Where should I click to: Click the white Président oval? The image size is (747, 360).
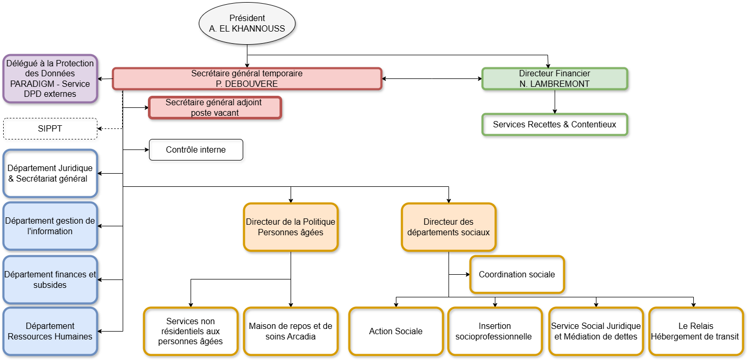tap(247, 23)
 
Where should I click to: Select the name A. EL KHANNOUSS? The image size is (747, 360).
tap(247, 29)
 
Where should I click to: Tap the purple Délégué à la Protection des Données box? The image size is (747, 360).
tap(50, 78)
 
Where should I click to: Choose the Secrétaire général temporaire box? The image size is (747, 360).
tap(247, 78)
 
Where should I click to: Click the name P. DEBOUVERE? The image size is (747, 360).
tap(247, 84)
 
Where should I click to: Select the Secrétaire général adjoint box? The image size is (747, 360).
tap(215, 107)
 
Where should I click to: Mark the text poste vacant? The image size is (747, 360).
tap(215, 113)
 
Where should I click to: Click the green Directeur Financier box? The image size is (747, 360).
tap(554, 78)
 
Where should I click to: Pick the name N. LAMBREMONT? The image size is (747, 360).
tap(554, 84)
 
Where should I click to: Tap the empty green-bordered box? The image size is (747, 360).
tap(554, 125)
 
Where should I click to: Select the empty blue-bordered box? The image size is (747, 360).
tap(50, 173)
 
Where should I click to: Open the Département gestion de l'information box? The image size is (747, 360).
tap(50, 226)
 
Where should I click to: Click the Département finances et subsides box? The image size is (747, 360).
tap(50, 279)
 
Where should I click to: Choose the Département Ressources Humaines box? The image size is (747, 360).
tap(50, 331)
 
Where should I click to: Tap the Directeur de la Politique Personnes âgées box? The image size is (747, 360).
tap(291, 227)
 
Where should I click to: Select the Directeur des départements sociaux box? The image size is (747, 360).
tap(449, 227)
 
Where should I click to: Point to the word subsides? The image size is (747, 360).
tap(50, 285)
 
